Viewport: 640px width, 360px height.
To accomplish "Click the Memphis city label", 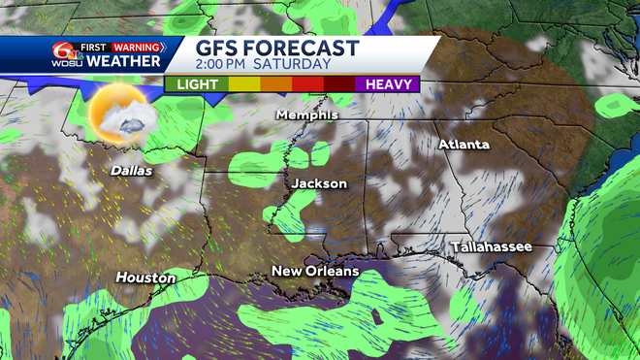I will click(307, 115).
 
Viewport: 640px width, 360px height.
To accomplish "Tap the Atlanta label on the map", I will click(464, 145).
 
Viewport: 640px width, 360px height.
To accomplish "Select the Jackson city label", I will click(319, 182).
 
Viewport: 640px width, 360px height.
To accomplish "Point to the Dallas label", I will click(131, 170).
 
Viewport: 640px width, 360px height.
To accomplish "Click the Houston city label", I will click(145, 278).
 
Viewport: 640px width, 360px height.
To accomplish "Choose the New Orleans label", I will click(315, 271).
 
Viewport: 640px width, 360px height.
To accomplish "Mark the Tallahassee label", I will click(492, 247).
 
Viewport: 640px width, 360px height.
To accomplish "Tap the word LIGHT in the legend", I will click(196, 84).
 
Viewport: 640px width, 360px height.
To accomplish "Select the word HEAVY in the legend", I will click(390, 84).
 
